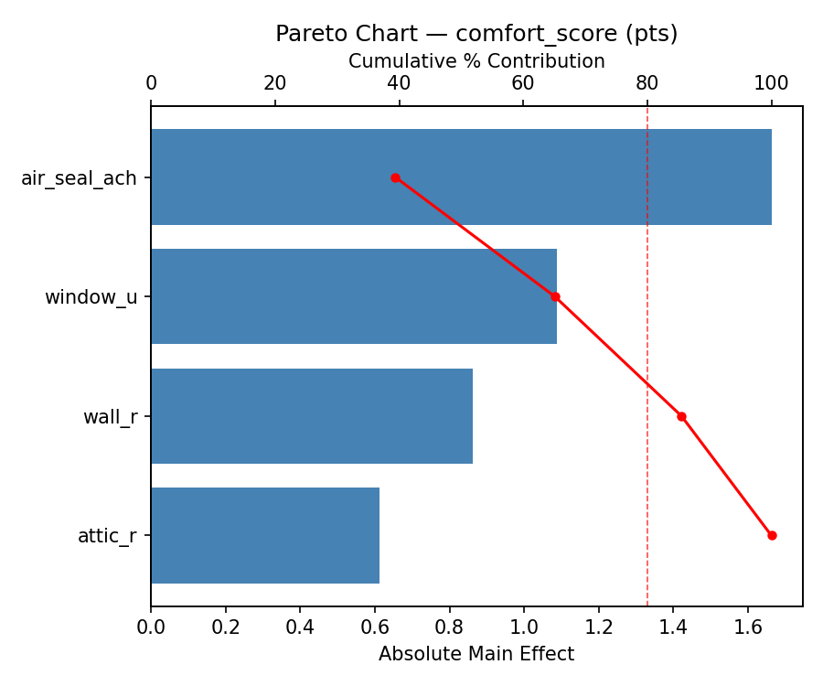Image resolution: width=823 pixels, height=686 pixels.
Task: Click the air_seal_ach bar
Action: coord(461,177)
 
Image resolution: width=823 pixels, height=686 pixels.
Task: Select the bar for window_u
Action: coord(354,296)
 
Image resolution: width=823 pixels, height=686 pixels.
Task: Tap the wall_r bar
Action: coord(312,416)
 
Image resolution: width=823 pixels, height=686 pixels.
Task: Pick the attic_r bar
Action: coord(265,535)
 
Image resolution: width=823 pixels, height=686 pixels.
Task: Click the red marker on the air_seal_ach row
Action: coord(395,177)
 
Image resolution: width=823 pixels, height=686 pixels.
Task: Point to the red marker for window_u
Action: coord(555,296)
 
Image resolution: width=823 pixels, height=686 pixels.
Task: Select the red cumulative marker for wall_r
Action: coord(681,416)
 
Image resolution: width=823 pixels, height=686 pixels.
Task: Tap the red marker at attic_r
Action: coord(772,535)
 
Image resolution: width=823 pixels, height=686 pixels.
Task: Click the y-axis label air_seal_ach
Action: coord(79,178)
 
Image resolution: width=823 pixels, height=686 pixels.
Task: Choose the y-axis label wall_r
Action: coord(110,417)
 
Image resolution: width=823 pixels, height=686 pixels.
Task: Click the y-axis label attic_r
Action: coord(107,536)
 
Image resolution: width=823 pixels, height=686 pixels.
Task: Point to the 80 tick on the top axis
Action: coord(647,84)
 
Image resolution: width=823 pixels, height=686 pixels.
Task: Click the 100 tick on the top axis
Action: coord(772,84)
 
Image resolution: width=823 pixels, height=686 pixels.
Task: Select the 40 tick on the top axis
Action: coord(400,84)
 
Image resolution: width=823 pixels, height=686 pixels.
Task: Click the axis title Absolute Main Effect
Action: coord(476,654)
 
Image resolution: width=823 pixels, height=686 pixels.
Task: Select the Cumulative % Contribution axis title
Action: coord(476,61)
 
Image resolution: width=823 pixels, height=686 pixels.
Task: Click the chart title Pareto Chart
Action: coord(476,34)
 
